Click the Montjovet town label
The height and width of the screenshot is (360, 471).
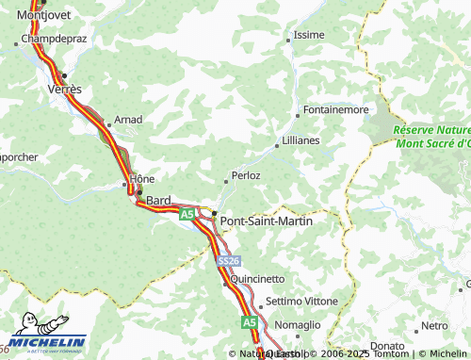39,16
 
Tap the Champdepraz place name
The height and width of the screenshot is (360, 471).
52,41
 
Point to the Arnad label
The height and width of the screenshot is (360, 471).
127,121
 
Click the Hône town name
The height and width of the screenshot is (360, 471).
142,179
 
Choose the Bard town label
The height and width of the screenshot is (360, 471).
157,199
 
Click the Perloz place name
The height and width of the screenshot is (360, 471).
246,176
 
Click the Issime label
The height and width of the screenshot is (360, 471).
309,35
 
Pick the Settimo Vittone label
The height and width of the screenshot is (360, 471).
301,301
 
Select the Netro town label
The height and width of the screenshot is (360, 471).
434,326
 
